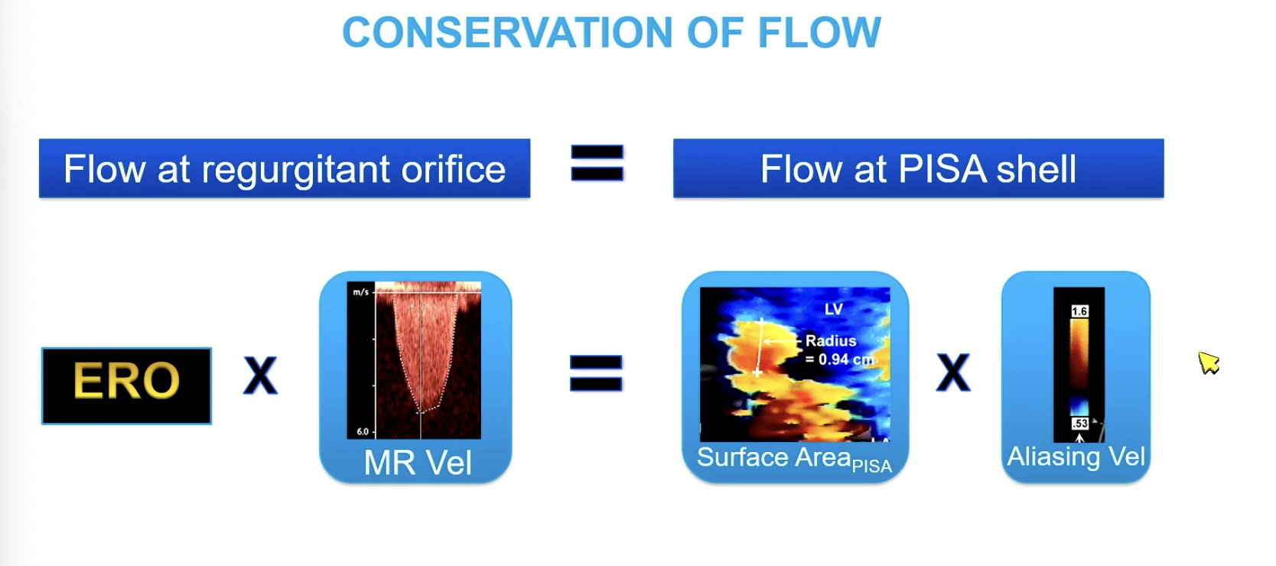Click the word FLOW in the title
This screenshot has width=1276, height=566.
click(819, 32)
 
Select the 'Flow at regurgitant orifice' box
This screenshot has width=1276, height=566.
click(285, 168)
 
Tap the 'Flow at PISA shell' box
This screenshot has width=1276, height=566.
click(918, 168)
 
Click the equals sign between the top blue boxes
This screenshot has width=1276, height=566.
click(597, 163)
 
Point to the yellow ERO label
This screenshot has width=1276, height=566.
click(126, 380)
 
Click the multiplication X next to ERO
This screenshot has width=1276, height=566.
click(260, 376)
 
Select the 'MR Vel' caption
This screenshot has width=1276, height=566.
click(418, 463)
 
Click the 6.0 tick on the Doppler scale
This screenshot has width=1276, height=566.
click(363, 431)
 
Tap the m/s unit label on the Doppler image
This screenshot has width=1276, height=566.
click(361, 292)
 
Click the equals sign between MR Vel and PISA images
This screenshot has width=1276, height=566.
click(596, 373)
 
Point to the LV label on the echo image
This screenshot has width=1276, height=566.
click(833, 309)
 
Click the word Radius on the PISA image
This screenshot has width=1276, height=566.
click(831, 340)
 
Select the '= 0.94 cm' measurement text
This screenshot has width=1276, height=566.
click(840, 359)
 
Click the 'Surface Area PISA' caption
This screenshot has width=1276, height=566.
click(794, 459)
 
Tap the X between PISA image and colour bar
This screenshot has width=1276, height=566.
click(953, 372)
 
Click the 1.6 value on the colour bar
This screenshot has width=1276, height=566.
click(1079, 311)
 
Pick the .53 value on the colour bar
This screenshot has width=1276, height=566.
click(1079, 423)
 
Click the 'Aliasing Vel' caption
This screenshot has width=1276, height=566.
click(1076, 457)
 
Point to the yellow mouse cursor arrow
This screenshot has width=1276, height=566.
click(1208, 363)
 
